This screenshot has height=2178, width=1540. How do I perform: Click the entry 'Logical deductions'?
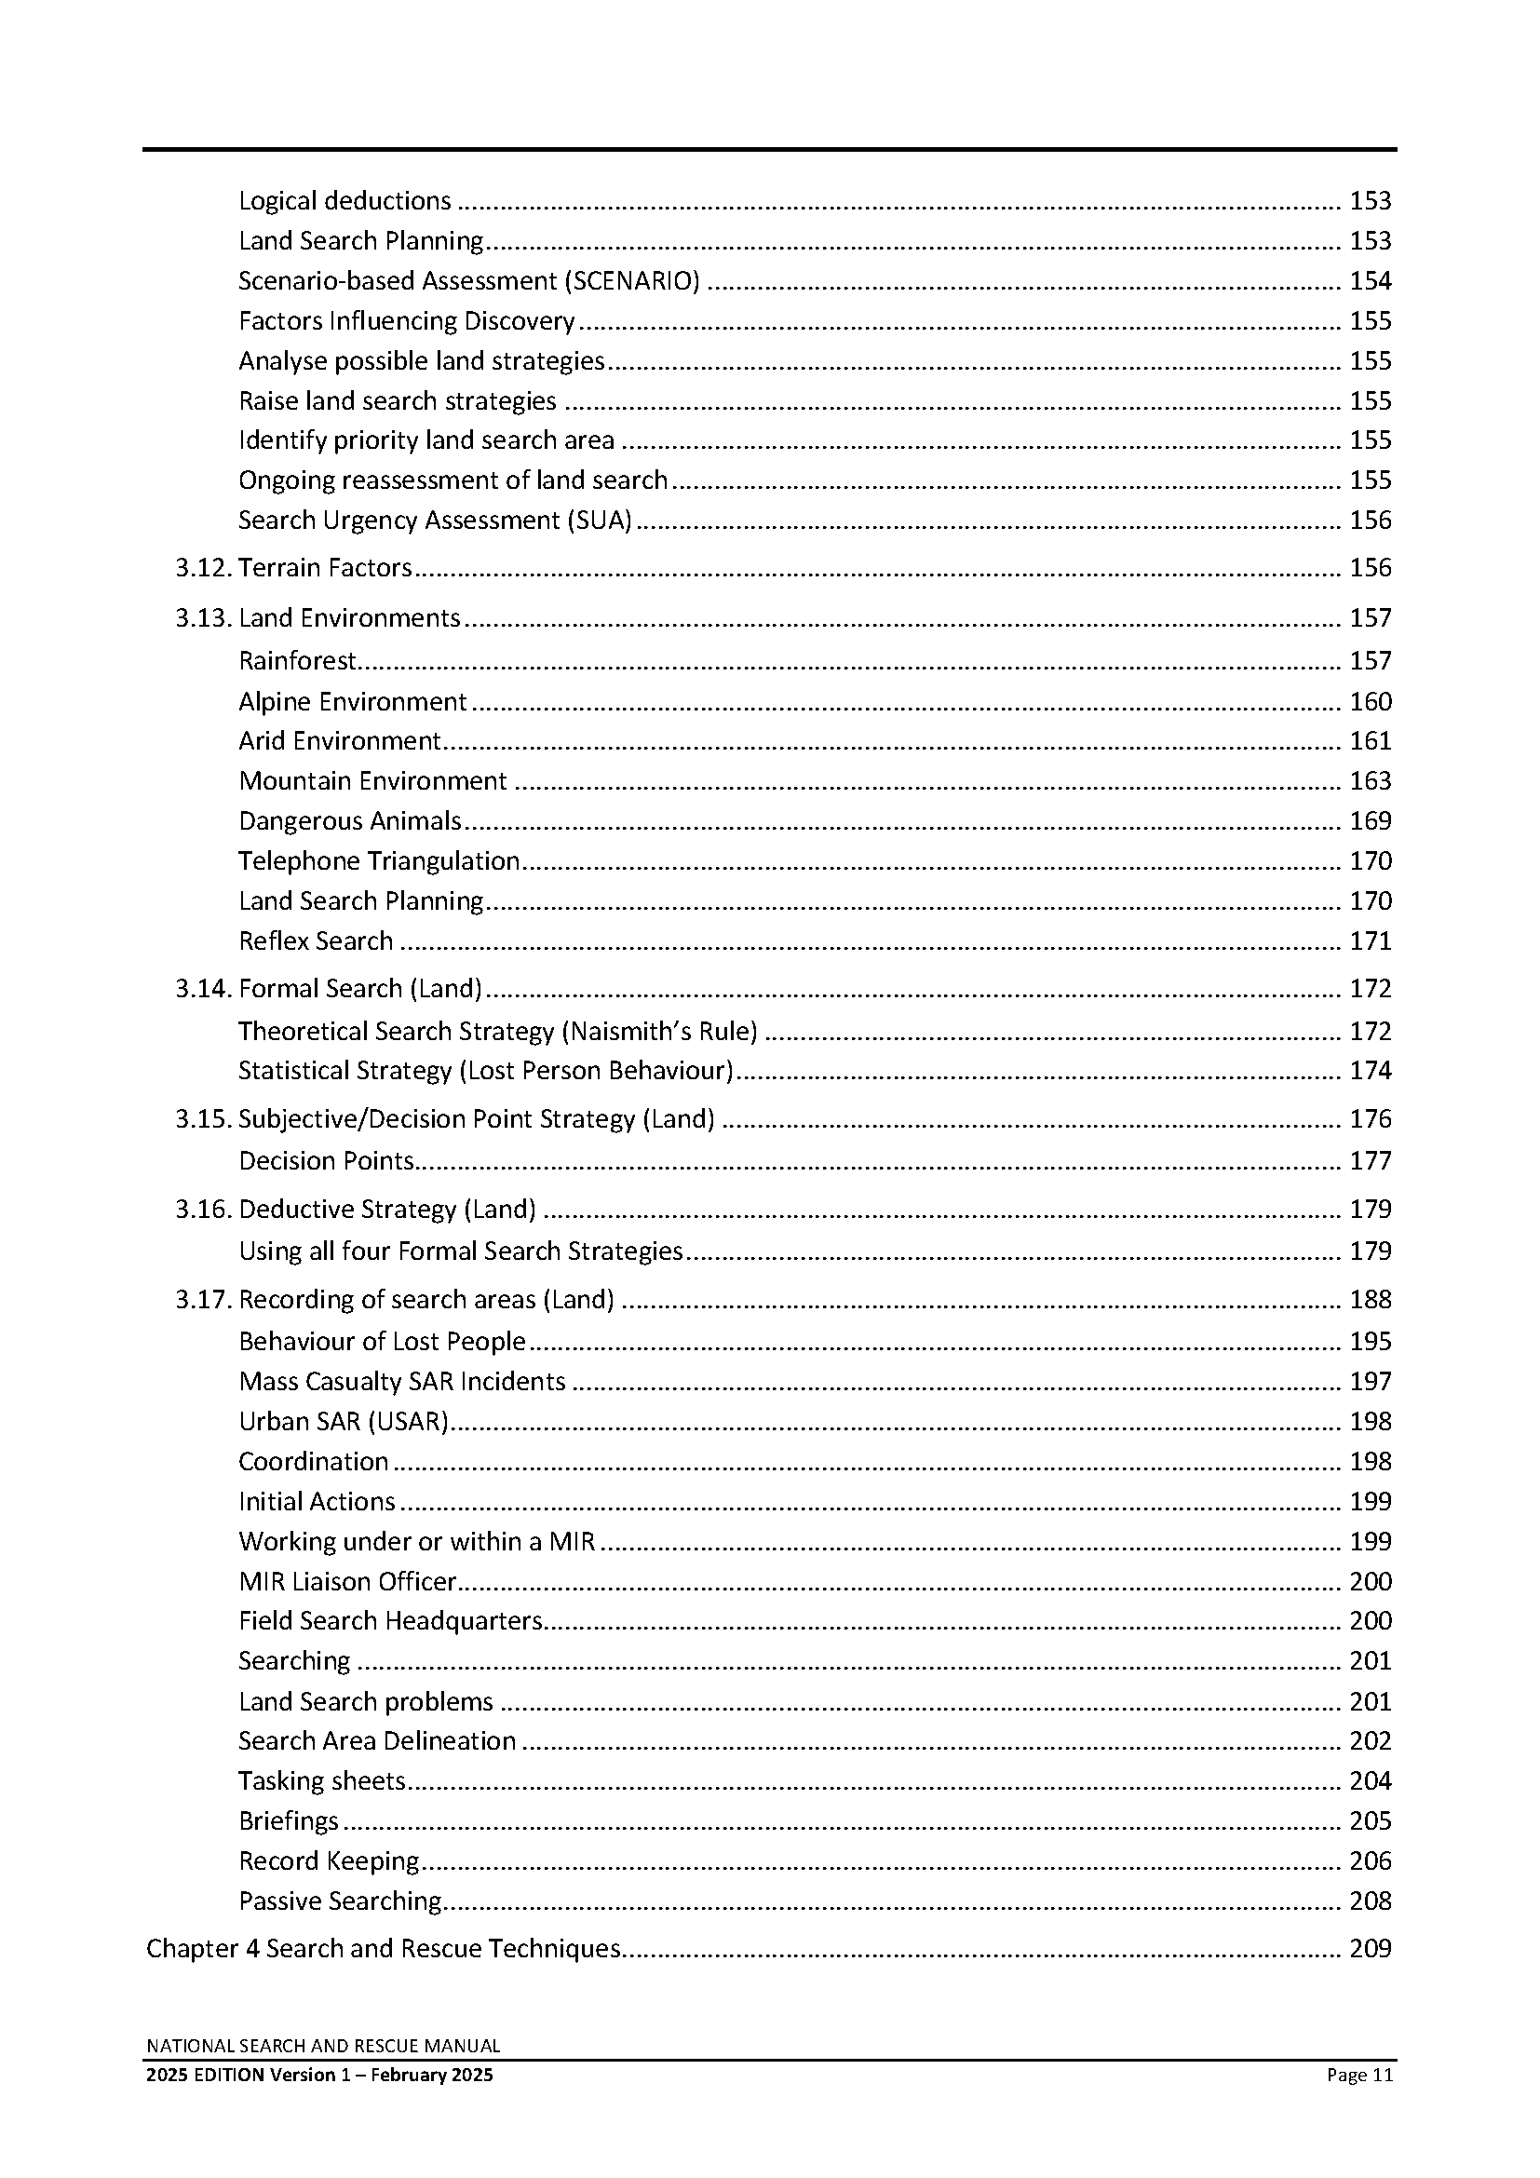click(344, 201)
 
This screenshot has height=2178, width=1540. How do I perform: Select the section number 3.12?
click(203, 568)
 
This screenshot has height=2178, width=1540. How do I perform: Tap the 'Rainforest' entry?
click(297, 661)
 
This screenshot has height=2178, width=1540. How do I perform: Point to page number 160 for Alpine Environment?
click(1371, 702)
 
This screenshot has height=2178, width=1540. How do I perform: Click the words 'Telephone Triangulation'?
click(379, 861)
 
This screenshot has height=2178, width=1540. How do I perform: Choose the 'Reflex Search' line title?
click(316, 941)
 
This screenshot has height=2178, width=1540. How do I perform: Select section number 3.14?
click(203, 990)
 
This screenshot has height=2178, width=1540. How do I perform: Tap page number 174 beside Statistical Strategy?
click(1371, 1071)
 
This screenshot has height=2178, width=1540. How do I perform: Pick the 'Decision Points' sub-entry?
click(326, 1161)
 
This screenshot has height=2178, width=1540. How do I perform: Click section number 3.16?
click(203, 1210)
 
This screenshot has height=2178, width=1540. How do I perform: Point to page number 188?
click(1371, 1300)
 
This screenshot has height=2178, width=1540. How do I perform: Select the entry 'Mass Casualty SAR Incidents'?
click(402, 1381)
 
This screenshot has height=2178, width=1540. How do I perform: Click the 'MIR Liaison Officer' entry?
click(347, 1581)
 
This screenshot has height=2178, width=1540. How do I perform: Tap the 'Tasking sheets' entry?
click(322, 1781)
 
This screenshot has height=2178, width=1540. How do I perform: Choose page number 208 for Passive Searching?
click(1371, 1901)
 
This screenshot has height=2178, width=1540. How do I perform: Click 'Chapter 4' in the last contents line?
click(203, 1948)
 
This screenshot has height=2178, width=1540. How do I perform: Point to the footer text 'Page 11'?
click(1359, 2075)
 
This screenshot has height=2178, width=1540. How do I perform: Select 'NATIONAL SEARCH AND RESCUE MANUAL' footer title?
click(323, 2046)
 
